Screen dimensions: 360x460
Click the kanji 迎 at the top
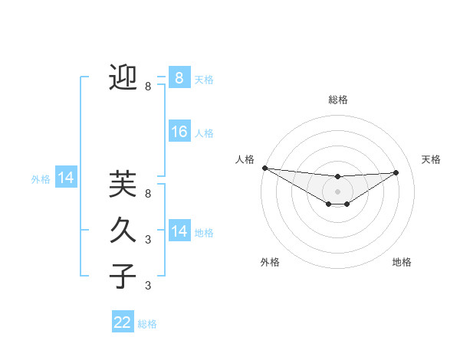pos(123,78)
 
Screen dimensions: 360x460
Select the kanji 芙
pos(123,185)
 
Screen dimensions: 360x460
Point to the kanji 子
pos(123,276)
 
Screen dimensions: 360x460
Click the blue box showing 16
pos(179,132)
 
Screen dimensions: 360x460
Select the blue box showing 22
pos(123,322)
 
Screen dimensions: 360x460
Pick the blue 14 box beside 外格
pos(66,178)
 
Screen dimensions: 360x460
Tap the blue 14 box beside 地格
pos(179,231)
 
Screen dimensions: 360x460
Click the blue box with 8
pos(179,77)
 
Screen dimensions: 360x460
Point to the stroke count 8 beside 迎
pos(148,87)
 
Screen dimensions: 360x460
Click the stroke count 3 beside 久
pos(148,240)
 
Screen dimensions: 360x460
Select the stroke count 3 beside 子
pos(148,286)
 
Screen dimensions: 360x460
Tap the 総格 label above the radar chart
pos(337,100)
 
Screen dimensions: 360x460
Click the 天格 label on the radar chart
pos(431,159)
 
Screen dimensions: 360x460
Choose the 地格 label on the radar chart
pos(402,262)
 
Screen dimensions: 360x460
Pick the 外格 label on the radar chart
pos(270,262)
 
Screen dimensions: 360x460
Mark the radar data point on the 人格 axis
pos(264,168)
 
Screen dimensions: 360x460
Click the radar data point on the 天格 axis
pos(396,172)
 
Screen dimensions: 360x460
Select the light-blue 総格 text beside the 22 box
pos(147,324)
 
